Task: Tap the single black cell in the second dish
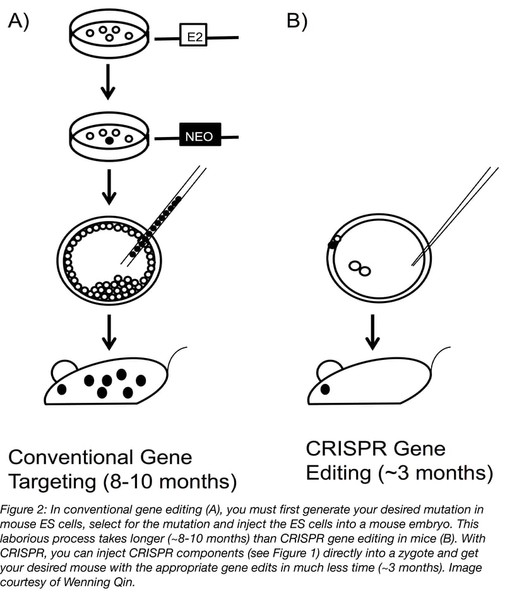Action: pyautogui.click(x=109, y=141)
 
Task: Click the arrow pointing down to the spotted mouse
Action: pyautogui.click(x=109, y=331)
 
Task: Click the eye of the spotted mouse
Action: pyautogui.click(x=62, y=389)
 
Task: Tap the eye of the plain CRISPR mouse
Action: pyautogui.click(x=325, y=389)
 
